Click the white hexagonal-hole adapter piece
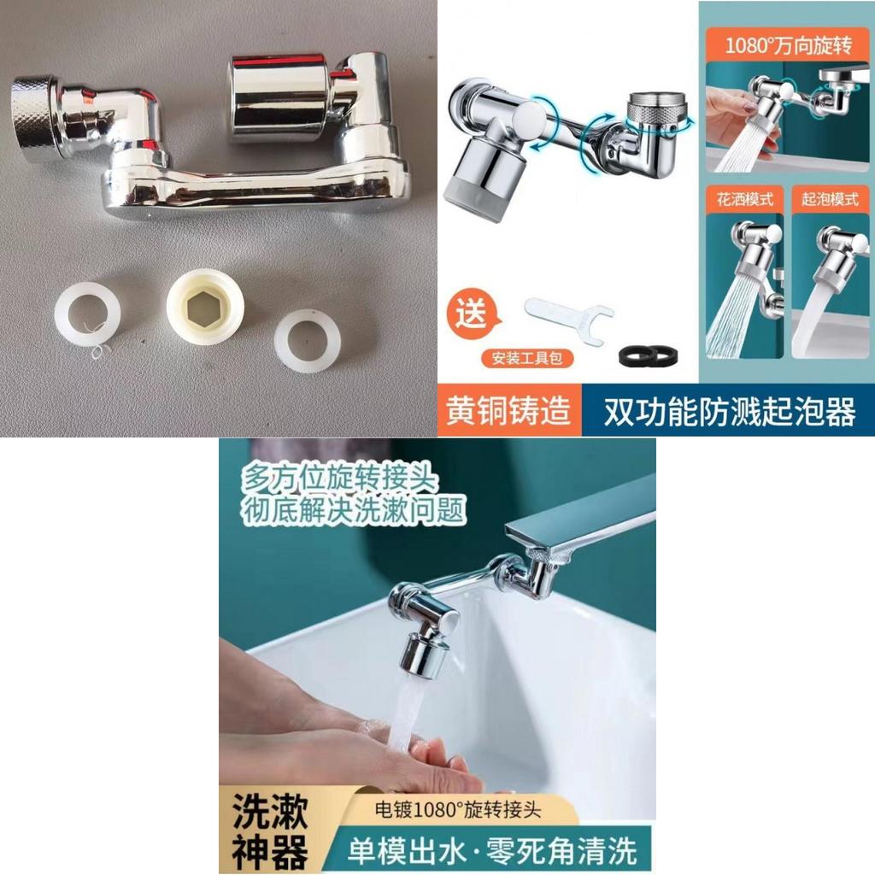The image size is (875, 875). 205,314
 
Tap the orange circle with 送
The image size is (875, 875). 471,313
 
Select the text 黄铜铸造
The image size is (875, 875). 508,412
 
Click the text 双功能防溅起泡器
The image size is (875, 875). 729,413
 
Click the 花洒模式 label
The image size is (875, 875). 743,199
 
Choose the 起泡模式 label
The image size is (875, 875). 830,199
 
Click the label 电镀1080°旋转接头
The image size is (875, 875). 459,808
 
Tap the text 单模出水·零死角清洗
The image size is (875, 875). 490,851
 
